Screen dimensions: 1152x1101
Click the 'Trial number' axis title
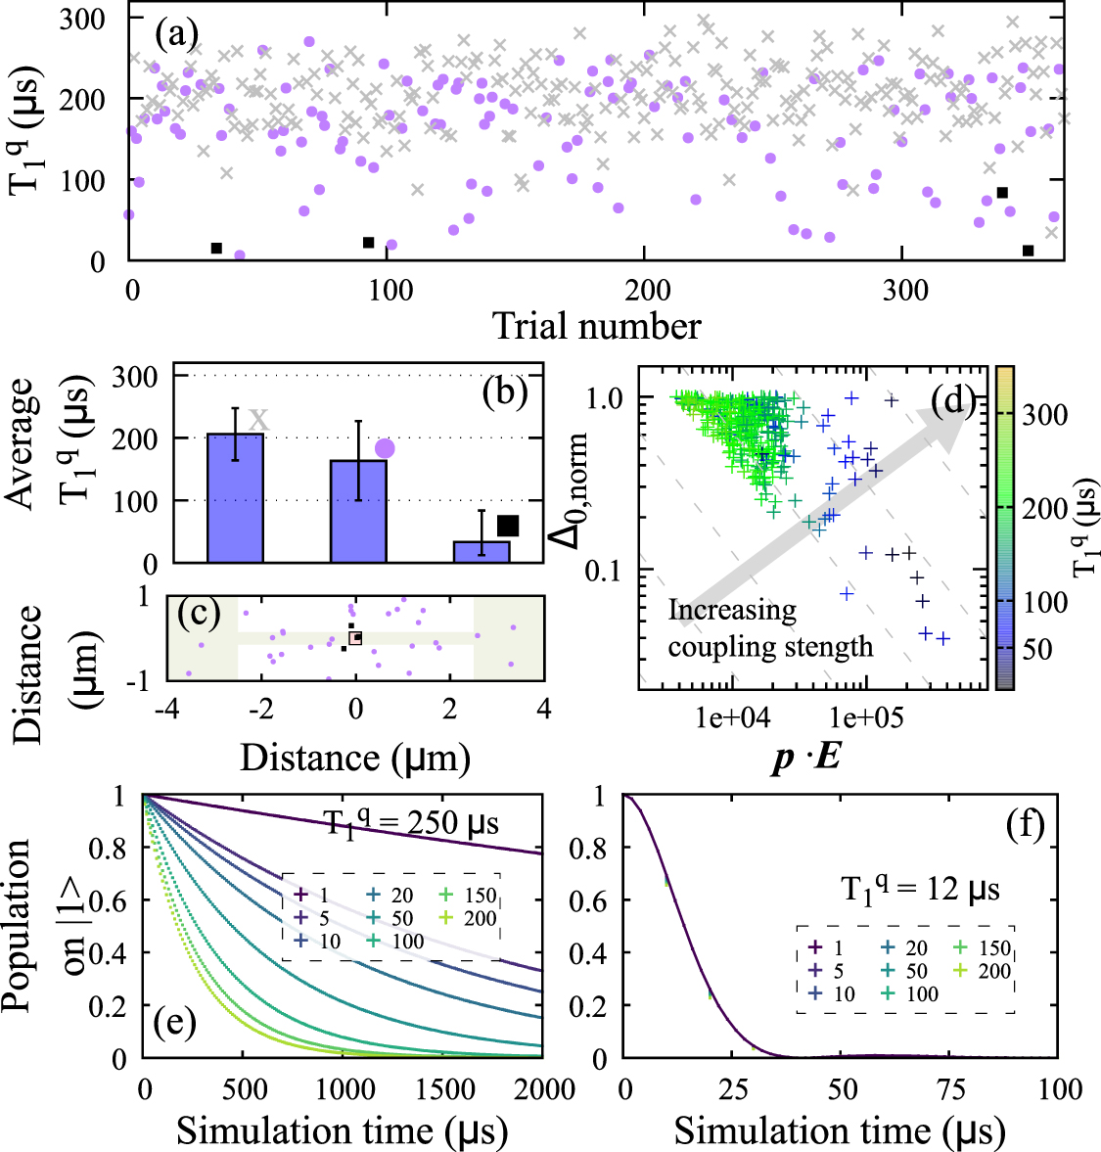click(x=596, y=326)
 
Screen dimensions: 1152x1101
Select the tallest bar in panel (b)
click(x=235, y=498)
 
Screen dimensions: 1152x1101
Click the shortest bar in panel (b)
click(x=482, y=552)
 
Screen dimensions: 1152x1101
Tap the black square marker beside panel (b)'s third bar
click(x=508, y=527)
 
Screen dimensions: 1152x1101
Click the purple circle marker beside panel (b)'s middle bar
click(x=385, y=448)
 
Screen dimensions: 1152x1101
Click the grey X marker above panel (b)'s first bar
click(x=257, y=420)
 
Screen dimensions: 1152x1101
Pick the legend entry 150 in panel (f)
click(x=982, y=948)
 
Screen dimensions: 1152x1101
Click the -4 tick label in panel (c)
click(x=167, y=708)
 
